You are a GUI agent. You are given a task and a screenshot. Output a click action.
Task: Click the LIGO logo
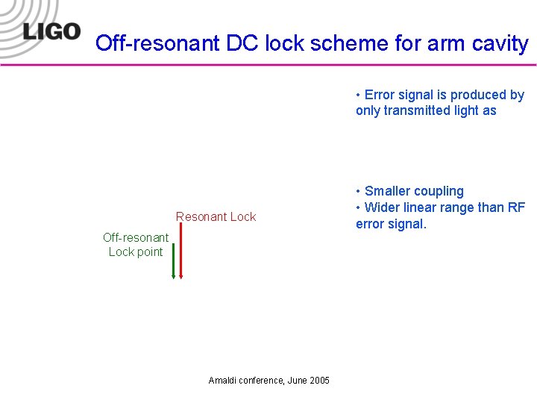click(x=51, y=31)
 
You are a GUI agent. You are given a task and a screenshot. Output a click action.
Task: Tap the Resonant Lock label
click(x=216, y=217)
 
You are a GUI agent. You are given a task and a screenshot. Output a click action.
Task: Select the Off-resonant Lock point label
click(x=136, y=245)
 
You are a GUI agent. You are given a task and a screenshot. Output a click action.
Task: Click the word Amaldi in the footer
click(x=223, y=381)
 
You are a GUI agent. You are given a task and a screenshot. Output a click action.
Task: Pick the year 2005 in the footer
click(x=318, y=381)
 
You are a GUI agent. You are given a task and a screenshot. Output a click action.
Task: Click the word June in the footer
click(x=295, y=381)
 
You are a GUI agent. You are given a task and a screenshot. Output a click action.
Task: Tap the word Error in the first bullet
click(x=381, y=95)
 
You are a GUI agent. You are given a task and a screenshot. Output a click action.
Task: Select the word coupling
click(x=439, y=191)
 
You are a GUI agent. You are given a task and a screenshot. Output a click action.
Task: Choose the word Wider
click(x=382, y=207)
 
